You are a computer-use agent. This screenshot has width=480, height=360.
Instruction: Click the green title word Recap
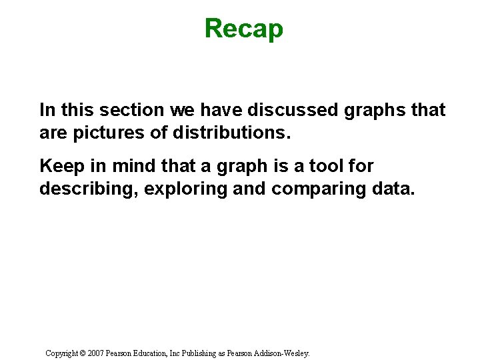click(x=243, y=29)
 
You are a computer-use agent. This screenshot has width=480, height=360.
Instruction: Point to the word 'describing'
click(x=87, y=189)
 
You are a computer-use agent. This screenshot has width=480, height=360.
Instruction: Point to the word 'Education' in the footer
click(x=154, y=353)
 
